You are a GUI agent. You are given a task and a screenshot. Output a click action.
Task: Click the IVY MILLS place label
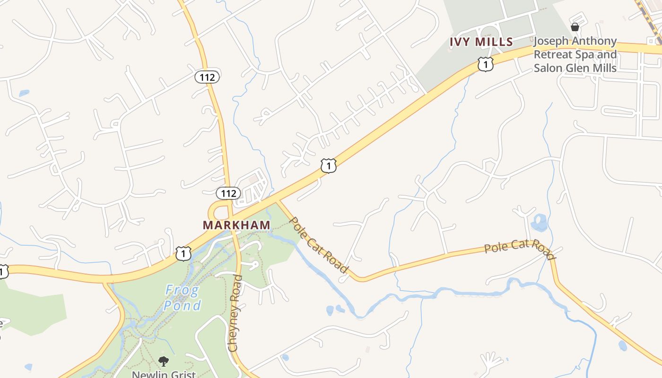point(481,42)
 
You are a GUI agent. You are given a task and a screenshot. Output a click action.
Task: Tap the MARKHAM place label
point(236,225)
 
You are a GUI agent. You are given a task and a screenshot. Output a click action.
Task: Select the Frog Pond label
point(183,298)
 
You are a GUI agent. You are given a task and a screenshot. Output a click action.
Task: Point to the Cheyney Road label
point(235,313)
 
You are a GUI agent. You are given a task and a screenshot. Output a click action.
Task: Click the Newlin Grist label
point(164,374)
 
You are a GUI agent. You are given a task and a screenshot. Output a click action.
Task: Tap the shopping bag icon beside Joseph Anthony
point(575,27)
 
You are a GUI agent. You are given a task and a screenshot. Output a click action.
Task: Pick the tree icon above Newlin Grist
point(164,361)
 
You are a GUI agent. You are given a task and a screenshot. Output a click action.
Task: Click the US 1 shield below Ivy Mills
point(486,64)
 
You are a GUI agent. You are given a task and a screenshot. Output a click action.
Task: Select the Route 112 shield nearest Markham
point(228,193)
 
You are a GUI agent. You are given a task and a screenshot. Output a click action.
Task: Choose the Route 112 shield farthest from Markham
point(207,77)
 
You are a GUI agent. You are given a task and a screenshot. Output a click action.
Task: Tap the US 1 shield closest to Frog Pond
point(183,253)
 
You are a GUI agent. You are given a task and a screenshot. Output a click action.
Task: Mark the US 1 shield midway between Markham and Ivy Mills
point(329,165)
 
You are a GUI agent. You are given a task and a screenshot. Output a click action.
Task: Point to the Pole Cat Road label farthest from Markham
point(519,249)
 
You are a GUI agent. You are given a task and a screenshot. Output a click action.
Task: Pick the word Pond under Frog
point(183,306)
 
